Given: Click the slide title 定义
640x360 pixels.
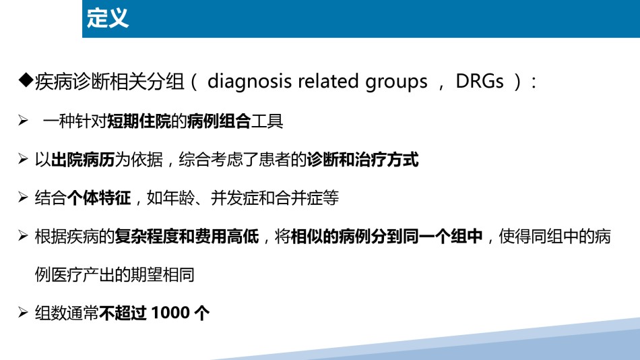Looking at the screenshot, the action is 108,18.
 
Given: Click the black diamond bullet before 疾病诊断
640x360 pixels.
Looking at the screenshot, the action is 26,80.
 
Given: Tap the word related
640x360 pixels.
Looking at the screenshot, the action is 328,81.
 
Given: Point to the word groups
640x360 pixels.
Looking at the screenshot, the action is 396,82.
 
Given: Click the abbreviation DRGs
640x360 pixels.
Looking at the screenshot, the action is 480,82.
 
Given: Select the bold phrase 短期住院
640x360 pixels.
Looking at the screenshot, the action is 139,121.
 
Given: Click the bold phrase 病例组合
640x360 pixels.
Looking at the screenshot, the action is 219,121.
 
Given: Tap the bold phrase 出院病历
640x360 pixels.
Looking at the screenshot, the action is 83,159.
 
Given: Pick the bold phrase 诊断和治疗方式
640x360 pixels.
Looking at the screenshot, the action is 363,159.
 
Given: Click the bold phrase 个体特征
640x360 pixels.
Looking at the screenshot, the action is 99,198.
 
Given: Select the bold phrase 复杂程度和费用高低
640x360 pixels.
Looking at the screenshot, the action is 187,236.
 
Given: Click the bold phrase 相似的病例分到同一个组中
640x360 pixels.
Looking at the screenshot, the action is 387,236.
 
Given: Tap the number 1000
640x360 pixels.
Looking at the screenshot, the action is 170,313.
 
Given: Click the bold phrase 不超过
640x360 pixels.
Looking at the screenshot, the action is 123,313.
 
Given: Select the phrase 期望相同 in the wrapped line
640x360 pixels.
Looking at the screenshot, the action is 162,274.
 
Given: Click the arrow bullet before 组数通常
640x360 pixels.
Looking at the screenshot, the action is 24,313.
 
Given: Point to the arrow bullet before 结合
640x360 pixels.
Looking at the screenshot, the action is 24,198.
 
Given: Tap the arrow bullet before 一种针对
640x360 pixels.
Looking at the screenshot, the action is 24,121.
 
